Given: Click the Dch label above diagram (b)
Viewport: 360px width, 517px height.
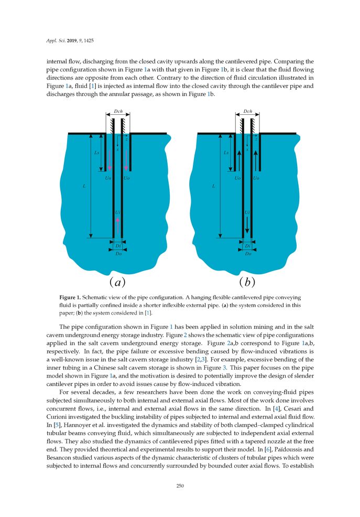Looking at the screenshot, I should point(248,111).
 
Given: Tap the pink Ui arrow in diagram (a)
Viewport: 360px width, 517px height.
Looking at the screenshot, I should point(118,220).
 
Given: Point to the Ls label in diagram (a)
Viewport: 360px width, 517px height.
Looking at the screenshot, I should point(96,153).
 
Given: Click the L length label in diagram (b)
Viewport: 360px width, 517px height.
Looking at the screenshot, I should point(213,186).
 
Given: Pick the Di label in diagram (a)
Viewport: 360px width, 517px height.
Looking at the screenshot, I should point(118,245).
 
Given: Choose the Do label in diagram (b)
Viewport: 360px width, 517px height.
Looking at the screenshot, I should point(247,254).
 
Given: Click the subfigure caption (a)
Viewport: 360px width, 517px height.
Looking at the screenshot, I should point(117,283).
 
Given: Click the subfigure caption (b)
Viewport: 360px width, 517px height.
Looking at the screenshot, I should point(247,283).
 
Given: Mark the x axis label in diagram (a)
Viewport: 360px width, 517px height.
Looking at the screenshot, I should point(117,149).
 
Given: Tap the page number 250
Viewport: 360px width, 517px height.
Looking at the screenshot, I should point(180,486).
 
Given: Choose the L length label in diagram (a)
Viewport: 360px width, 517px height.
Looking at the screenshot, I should point(84,186).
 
